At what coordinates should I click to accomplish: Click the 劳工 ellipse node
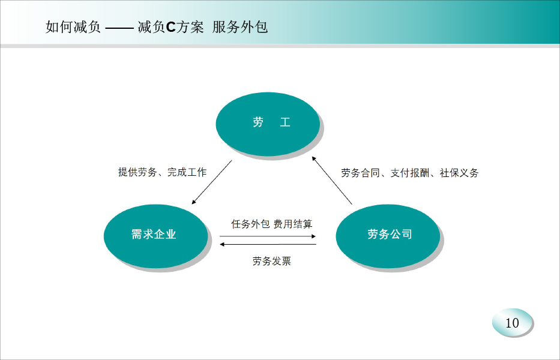click(x=268, y=124)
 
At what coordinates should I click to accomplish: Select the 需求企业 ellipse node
click(x=155, y=236)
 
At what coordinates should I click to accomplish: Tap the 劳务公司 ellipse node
click(x=388, y=236)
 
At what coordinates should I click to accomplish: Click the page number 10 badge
click(x=512, y=323)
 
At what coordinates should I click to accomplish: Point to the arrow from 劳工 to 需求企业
click(x=212, y=182)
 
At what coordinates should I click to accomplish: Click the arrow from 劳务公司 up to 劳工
click(x=332, y=181)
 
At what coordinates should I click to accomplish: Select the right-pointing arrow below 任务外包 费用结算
click(x=268, y=236)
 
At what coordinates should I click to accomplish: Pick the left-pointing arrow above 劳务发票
click(x=268, y=244)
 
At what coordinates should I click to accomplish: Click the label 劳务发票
click(x=272, y=261)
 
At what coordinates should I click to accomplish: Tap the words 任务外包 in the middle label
click(x=250, y=224)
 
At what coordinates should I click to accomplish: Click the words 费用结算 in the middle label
click(x=293, y=224)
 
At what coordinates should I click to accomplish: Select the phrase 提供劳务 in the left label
click(x=137, y=172)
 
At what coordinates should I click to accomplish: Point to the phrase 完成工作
click(x=187, y=172)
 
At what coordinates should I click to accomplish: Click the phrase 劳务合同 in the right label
click(x=360, y=173)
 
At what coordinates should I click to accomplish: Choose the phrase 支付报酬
click(x=409, y=173)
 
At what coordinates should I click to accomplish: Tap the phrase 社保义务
click(x=459, y=173)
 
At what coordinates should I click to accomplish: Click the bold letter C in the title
click(x=170, y=27)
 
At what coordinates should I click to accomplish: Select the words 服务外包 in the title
click(x=239, y=27)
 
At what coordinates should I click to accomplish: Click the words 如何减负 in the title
click(x=73, y=27)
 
